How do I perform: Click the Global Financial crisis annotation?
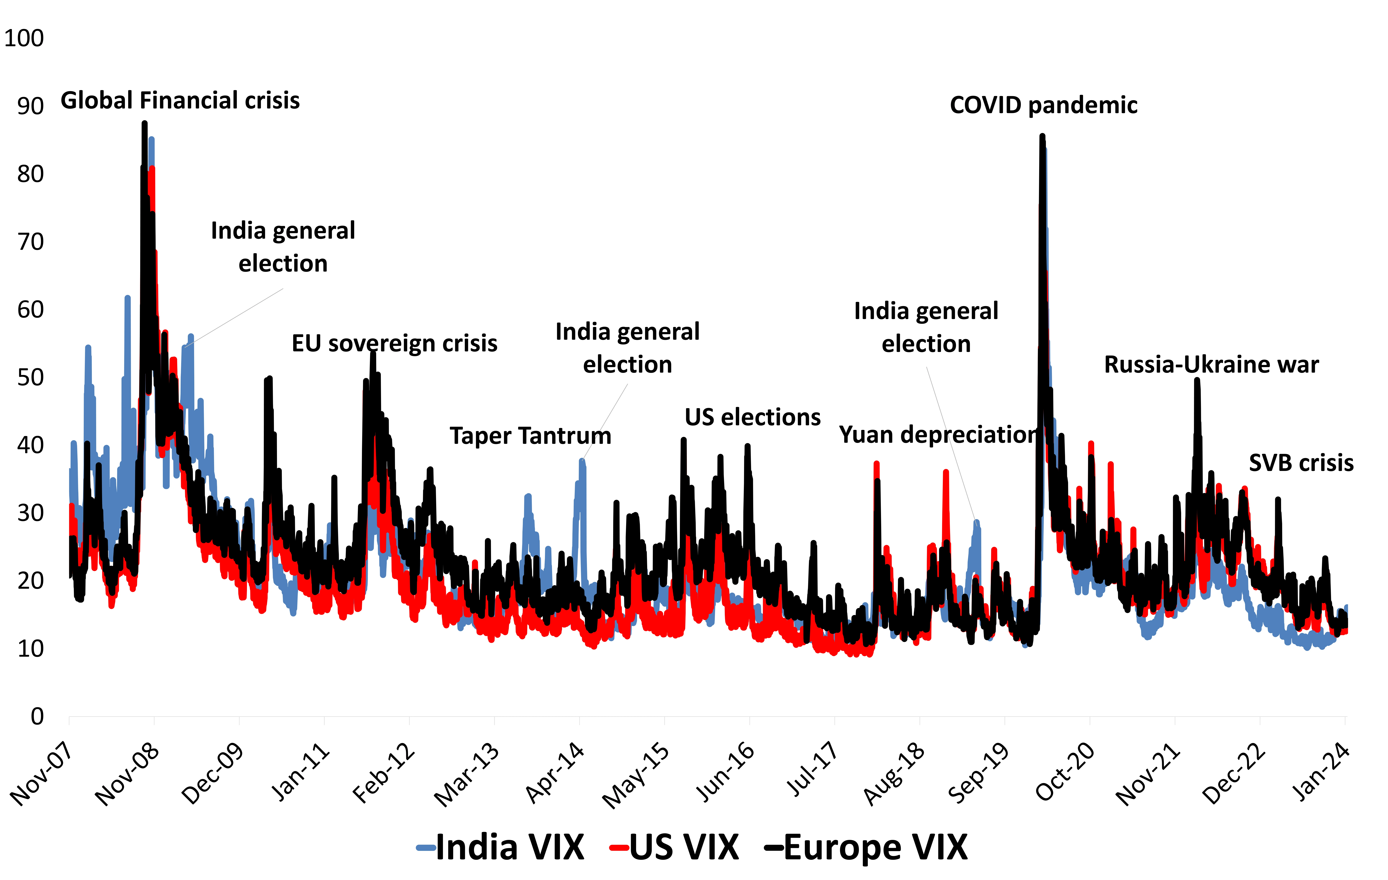(x=180, y=100)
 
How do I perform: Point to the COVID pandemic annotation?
(x=1043, y=105)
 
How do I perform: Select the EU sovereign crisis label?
(x=394, y=343)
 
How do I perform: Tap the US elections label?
(x=752, y=417)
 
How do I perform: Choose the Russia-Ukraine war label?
(x=1211, y=364)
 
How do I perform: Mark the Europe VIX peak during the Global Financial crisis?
(x=145, y=123)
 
